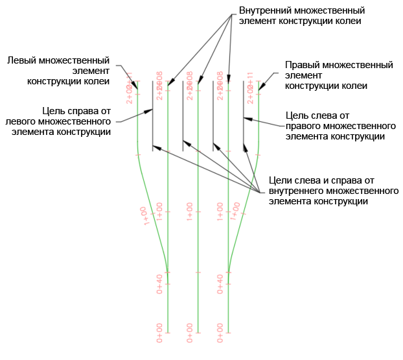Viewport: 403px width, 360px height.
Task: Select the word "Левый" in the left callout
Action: pos(20,60)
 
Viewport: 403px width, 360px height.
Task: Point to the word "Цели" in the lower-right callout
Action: pos(279,180)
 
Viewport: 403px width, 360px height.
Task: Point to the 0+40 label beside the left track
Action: pos(159,283)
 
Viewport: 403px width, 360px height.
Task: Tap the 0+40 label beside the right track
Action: pos(220,283)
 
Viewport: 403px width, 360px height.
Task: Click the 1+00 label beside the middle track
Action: pos(190,211)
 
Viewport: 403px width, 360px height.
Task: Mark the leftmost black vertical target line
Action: pos(153,117)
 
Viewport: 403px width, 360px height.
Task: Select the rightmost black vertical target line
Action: pos(243,117)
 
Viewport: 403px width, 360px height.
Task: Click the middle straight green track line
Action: pos(198,259)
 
